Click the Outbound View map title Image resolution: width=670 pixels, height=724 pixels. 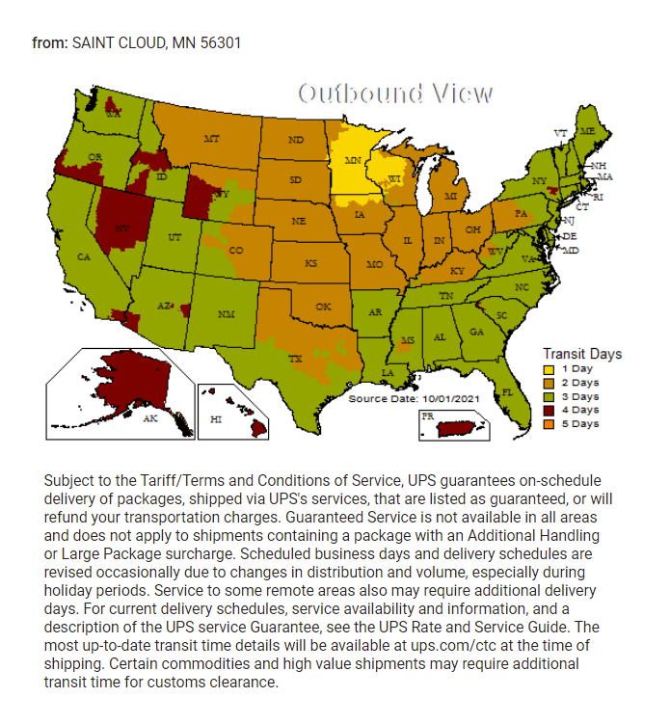[x=395, y=94]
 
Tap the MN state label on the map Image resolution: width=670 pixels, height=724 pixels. [x=354, y=159]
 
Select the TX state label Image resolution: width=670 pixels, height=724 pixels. [x=296, y=358]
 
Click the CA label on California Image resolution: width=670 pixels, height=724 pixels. [x=84, y=257]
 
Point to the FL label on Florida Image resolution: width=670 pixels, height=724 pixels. [x=507, y=392]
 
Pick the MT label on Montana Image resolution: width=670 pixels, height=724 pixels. [x=211, y=139]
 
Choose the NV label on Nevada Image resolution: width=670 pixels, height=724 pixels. [x=122, y=228]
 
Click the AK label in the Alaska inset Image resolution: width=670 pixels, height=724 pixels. [x=149, y=419]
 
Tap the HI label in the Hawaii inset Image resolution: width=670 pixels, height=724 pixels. [x=216, y=420]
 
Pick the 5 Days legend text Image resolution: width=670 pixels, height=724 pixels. [x=580, y=423]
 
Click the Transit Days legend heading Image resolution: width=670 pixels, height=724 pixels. [x=582, y=353]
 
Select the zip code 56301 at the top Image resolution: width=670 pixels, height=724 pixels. [x=220, y=42]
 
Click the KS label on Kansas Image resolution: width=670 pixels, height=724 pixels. [x=311, y=263]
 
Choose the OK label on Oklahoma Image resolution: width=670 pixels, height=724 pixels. [x=323, y=307]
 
